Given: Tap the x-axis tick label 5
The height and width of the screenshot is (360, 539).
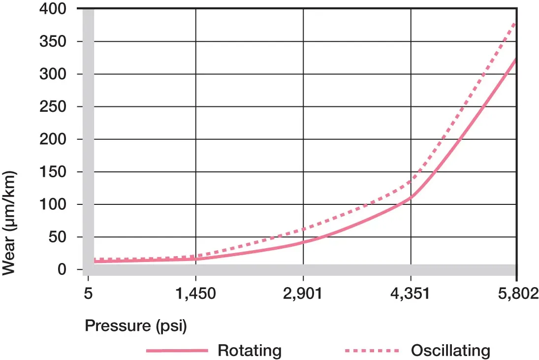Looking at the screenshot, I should coord(89,295).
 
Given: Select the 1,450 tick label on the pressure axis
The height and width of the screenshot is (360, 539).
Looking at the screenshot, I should coord(196,295).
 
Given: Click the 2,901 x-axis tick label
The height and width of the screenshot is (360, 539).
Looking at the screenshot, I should coord(303,295).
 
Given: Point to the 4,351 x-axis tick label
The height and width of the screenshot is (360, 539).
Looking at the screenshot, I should coord(411,295).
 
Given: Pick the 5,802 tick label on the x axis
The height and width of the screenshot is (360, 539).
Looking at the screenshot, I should coord(517,295).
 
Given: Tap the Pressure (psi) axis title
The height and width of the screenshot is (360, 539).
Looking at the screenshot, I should coord(136,326).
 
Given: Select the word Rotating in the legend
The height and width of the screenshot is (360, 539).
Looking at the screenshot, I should coord(250,350).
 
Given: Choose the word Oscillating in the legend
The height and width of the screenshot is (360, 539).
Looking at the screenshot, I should coord(450,350).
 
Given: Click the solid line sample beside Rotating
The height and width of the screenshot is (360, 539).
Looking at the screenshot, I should coord(177,351).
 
